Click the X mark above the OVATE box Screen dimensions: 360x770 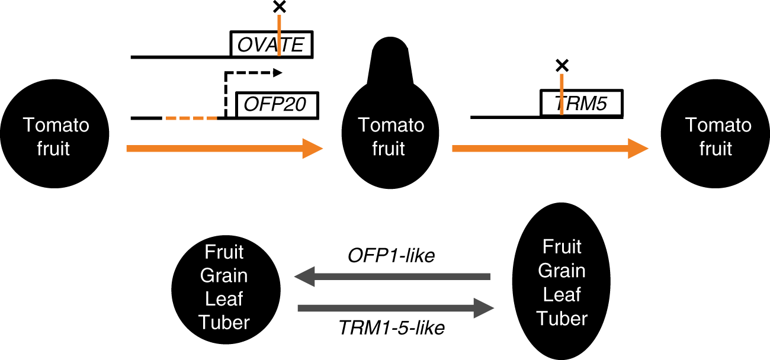(278, 8)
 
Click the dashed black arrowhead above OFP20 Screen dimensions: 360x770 (278, 73)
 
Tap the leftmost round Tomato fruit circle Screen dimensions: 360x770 (56, 137)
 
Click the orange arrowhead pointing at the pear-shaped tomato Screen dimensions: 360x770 (312, 148)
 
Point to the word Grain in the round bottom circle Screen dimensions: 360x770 (224, 276)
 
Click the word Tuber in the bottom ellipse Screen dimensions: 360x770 (562, 319)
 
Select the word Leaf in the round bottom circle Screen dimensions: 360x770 (224, 299)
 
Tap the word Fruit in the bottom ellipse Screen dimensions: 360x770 (562, 246)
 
